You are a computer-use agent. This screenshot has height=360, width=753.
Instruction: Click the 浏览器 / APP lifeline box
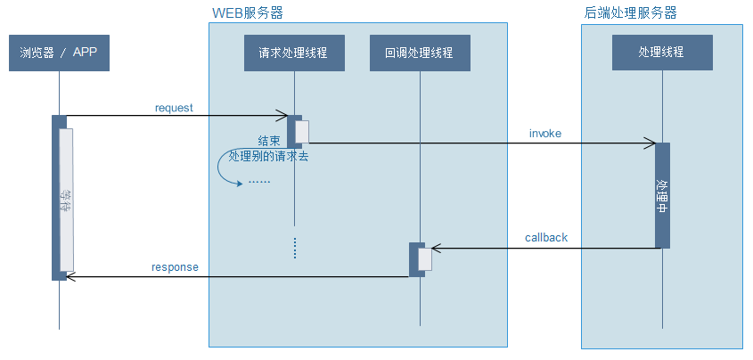pyautogui.click(x=58, y=53)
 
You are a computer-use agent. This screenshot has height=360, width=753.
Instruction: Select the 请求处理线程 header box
pyautogui.click(x=293, y=53)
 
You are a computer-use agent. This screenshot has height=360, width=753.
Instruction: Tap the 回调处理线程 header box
pyautogui.click(x=419, y=53)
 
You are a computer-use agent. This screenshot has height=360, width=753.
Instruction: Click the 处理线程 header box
pyautogui.click(x=662, y=53)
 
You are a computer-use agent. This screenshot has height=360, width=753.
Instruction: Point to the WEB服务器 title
pyautogui.click(x=248, y=13)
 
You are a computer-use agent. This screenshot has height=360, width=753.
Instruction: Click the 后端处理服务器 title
pyautogui.click(x=632, y=13)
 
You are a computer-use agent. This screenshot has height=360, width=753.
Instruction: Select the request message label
pyautogui.click(x=174, y=108)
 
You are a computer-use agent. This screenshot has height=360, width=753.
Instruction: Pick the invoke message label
pyautogui.click(x=545, y=134)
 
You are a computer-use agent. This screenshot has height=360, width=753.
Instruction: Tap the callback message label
pyautogui.click(x=546, y=238)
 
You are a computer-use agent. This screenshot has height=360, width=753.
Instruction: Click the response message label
pyautogui.click(x=175, y=266)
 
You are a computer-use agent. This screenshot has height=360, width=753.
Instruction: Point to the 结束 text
pyautogui.click(x=269, y=141)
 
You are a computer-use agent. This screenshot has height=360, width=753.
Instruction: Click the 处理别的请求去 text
pyautogui.click(x=269, y=156)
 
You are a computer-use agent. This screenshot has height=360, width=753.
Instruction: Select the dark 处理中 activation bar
pyautogui.click(x=662, y=195)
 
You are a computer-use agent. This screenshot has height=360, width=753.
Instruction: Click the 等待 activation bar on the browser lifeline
pyautogui.click(x=66, y=200)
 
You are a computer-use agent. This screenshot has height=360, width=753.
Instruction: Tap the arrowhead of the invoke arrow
pyautogui.click(x=651, y=142)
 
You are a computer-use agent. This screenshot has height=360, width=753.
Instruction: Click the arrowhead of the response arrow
pyautogui.click(x=71, y=277)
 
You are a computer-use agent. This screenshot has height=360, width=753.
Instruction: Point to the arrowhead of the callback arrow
pyautogui.click(x=435, y=249)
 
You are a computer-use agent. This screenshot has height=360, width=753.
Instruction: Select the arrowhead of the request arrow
pyautogui.click(x=282, y=115)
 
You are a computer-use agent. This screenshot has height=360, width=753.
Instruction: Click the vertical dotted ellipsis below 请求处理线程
pyautogui.click(x=294, y=248)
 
